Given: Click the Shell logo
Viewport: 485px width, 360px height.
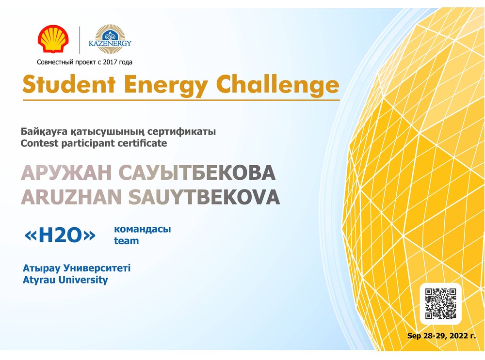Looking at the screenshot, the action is (x=53, y=39).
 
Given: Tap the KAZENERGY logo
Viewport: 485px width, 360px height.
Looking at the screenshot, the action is (x=110, y=40).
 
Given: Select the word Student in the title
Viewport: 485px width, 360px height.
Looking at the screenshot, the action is (x=69, y=84).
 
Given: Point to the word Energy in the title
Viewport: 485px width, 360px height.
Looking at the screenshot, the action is (x=166, y=85).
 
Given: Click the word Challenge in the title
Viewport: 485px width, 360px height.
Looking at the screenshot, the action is (x=277, y=84).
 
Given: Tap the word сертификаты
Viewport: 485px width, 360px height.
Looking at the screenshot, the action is (x=181, y=131).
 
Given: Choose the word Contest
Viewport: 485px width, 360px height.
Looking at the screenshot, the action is (x=40, y=143).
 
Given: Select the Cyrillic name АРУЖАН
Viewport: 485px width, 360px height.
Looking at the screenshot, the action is (x=66, y=172).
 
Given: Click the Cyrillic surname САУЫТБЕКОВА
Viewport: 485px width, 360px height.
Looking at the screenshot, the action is (x=197, y=172).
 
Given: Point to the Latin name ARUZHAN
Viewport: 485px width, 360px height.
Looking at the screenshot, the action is (x=71, y=197).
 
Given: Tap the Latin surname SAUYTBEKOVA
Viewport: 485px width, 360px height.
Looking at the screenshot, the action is (x=204, y=197).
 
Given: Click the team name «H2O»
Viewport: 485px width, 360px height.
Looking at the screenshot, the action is (x=60, y=235).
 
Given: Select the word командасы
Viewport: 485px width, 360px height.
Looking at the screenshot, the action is (x=142, y=229).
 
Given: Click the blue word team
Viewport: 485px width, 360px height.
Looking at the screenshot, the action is (x=127, y=241).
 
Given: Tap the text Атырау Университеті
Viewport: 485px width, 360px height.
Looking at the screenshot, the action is (x=77, y=268).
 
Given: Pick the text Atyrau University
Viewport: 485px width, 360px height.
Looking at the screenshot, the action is (x=65, y=280).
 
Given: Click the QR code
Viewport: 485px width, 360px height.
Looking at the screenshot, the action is (x=440, y=304).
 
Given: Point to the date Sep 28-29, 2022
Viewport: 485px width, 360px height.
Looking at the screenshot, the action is (x=438, y=336).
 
